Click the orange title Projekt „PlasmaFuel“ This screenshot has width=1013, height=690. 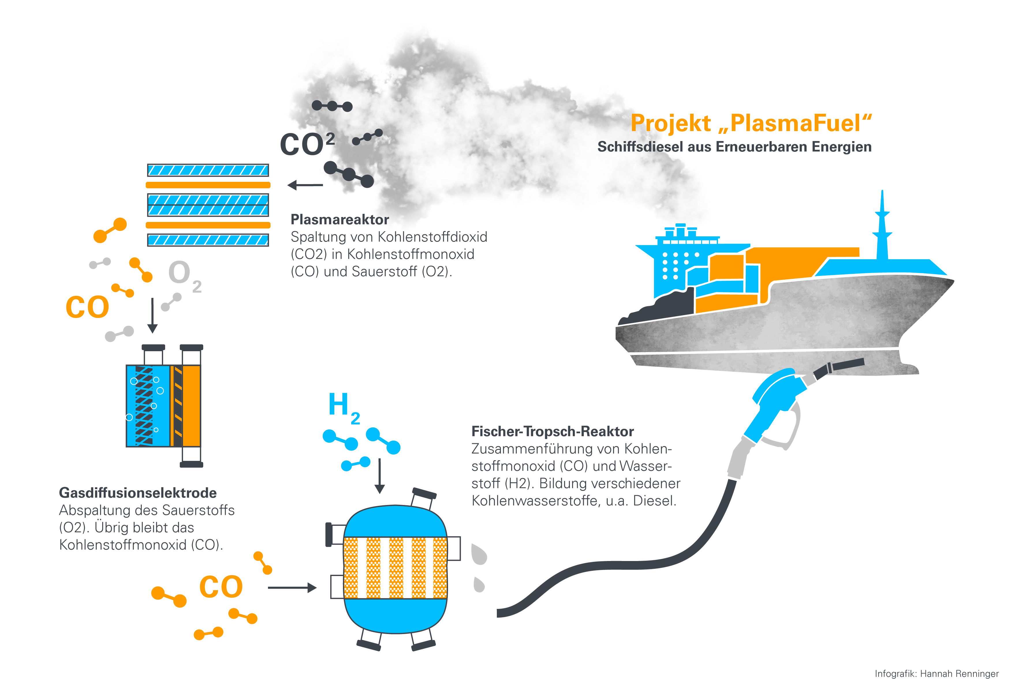click(x=751, y=123)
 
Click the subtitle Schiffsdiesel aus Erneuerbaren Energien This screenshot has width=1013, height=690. click(x=734, y=147)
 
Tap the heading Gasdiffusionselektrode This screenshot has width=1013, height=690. click(x=138, y=493)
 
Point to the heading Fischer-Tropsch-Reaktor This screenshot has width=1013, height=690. click(x=552, y=431)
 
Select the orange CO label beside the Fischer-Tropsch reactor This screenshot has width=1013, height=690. click(x=221, y=587)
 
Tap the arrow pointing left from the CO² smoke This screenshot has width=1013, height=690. click(x=305, y=185)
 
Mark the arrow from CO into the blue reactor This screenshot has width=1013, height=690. click(x=292, y=588)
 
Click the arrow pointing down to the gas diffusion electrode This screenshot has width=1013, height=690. click(x=152, y=315)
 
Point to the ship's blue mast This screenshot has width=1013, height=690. click(x=882, y=227)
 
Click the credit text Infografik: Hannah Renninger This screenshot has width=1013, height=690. click(x=936, y=674)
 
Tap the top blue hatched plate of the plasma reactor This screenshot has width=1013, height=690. click(x=208, y=170)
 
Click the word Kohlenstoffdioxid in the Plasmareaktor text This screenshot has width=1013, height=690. click(x=432, y=237)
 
